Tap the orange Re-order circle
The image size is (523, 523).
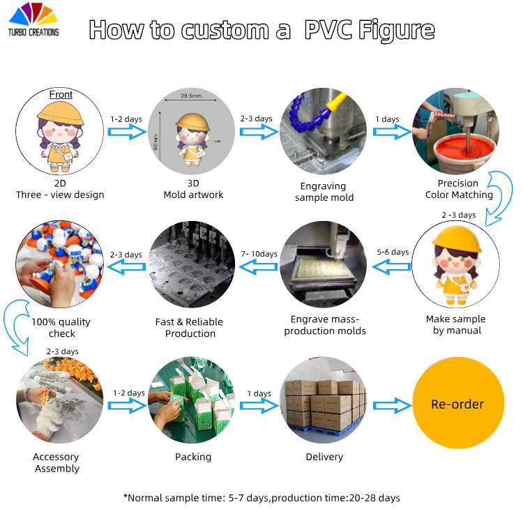(x=457, y=404)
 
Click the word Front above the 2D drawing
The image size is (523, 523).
(x=61, y=95)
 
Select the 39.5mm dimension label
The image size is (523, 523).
(x=190, y=96)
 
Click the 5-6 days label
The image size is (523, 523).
(x=393, y=252)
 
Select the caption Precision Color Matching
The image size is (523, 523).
(x=458, y=189)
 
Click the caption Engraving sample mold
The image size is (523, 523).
(x=324, y=192)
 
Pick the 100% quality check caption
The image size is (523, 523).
(x=61, y=328)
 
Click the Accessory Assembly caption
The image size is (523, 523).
(x=56, y=462)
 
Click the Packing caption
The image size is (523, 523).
(x=192, y=457)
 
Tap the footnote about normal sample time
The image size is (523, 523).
(x=261, y=497)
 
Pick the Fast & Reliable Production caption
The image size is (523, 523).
(x=190, y=328)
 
